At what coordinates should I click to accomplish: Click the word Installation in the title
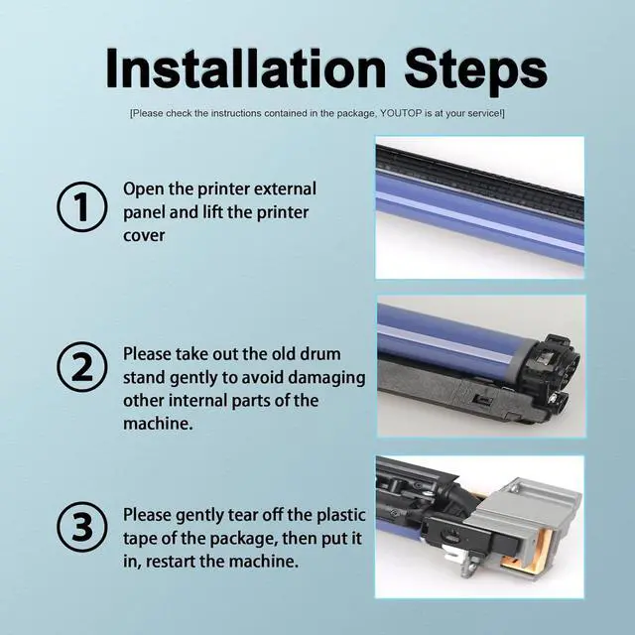pos(246,68)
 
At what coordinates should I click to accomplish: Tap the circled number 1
pos(82,206)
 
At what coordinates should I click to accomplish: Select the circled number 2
pos(82,366)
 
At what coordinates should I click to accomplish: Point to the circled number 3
pos(82,527)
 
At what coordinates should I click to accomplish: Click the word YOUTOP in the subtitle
pos(401,113)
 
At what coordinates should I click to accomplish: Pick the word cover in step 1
pos(144,236)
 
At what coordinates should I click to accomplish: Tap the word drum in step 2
pos(319,354)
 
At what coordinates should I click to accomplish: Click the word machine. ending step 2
pos(158,424)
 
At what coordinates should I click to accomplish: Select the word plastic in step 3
pos(341,515)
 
